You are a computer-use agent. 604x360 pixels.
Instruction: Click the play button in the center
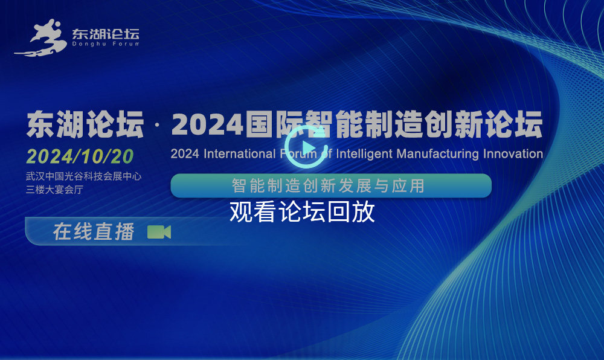click(306, 147)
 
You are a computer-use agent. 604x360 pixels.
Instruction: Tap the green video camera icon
click(159, 232)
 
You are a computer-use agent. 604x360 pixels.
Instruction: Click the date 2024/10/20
click(80, 156)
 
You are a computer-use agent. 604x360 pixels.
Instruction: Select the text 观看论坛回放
click(302, 211)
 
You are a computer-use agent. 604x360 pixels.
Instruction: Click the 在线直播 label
click(94, 232)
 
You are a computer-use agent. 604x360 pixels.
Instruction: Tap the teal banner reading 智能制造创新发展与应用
click(331, 185)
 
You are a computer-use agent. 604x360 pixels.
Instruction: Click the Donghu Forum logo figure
click(40, 37)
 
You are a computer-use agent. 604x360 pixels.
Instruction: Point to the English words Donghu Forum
click(106, 44)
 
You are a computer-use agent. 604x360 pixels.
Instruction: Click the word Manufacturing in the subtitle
click(437, 154)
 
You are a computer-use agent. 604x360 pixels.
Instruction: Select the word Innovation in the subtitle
click(513, 154)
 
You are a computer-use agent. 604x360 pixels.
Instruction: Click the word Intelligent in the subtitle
click(364, 154)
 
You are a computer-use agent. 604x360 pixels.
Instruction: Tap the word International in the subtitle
click(240, 154)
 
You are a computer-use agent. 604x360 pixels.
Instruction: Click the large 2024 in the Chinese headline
click(207, 125)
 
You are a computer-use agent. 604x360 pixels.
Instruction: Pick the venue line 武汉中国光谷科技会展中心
click(83, 176)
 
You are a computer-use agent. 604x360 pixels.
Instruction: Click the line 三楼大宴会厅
click(54, 190)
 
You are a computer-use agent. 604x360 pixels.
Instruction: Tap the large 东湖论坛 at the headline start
click(85, 124)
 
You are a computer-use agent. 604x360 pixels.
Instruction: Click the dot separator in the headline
click(157, 125)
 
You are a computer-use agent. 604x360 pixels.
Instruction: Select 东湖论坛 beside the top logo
click(106, 34)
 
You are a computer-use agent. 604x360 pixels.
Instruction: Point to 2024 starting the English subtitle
click(185, 154)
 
